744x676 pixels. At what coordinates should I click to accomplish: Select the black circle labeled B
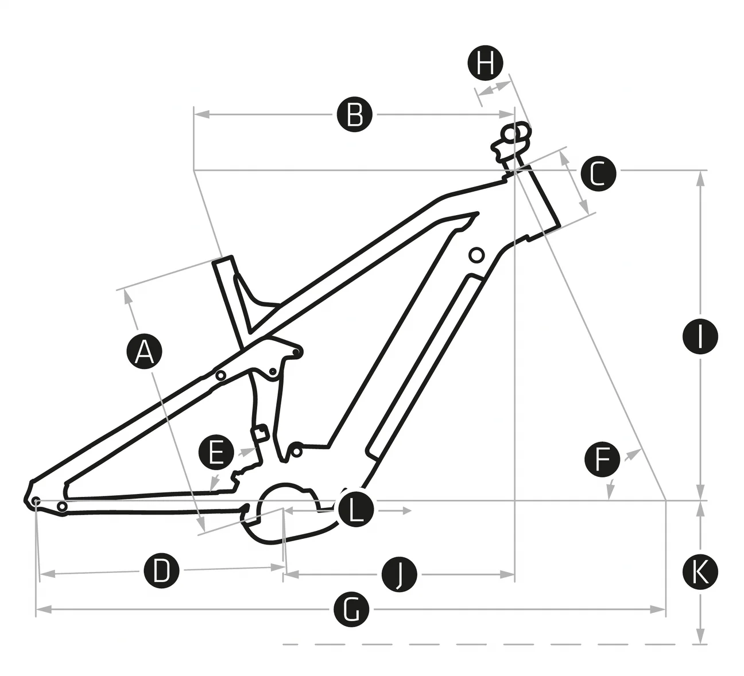tap(355, 115)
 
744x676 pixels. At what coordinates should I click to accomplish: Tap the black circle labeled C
tap(598, 173)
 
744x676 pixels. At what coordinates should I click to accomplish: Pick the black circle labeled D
tap(161, 570)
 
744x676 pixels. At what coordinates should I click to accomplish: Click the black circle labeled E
tap(216, 453)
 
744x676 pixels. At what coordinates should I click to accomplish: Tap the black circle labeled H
tap(485, 63)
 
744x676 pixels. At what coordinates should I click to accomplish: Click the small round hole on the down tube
tap(476, 254)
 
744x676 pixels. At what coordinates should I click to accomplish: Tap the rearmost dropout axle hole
tap(36, 501)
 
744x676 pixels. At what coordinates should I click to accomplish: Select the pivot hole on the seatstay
tap(220, 375)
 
